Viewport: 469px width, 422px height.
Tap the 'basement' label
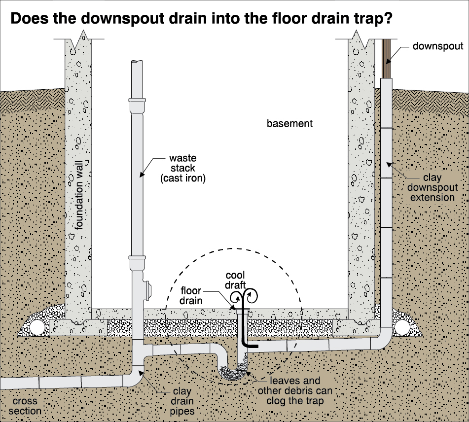[x=289, y=123]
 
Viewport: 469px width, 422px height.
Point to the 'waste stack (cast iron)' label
[x=183, y=168]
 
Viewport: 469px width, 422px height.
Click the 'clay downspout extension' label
[x=433, y=187]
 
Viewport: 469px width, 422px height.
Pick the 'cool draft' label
[x=235, y=280]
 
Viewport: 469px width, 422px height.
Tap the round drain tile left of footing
[x=36, y=327]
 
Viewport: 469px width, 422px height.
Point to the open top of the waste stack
[x=137, y=62]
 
